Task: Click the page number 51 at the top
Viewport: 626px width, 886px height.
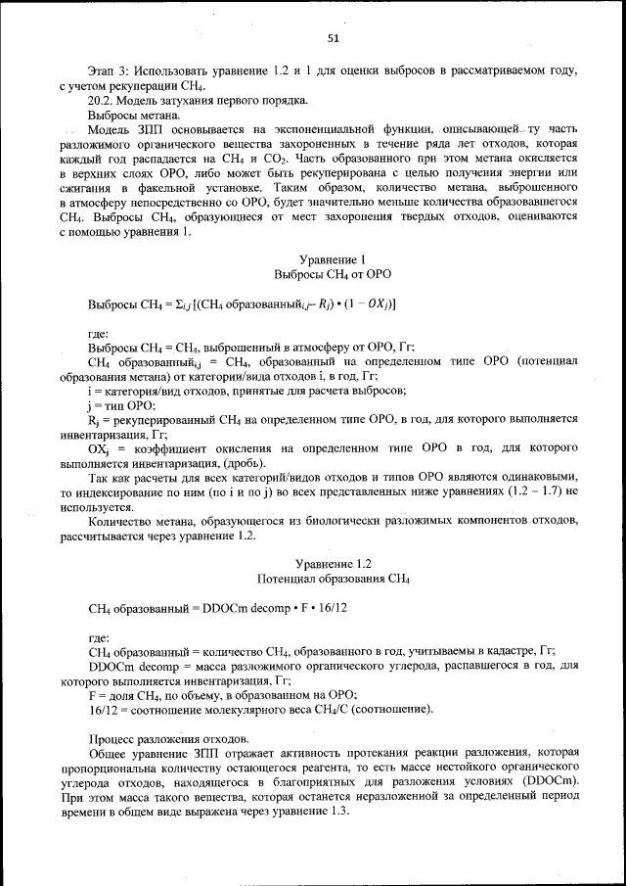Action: coord(333,38)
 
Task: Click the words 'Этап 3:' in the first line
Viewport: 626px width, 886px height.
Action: coord(108,72)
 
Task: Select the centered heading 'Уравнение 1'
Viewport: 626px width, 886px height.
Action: coord(333,259)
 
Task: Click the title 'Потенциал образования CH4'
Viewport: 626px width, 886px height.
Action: coord(333,579)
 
